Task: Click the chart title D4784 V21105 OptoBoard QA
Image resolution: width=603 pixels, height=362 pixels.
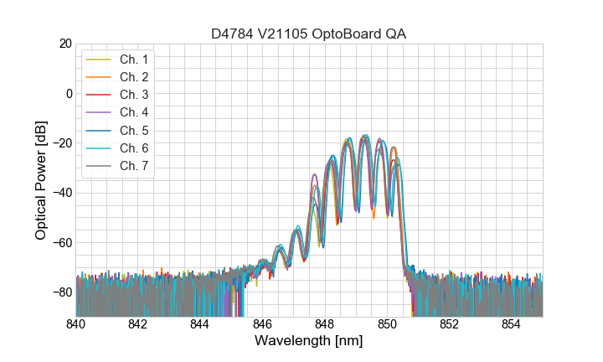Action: (309, 34)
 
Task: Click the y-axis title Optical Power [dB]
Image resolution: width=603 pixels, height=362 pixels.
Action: (41, 180)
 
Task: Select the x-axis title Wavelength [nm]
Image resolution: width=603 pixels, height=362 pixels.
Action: (309, 342)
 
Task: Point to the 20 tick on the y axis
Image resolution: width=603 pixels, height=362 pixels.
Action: (64, 44)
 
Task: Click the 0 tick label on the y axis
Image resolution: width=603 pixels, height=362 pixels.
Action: (68, 93)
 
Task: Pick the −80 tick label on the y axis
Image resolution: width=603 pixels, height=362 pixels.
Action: (62, 292)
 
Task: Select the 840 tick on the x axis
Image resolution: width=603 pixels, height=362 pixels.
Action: (76, 324)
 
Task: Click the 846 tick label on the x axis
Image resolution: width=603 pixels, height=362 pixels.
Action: (262, 324)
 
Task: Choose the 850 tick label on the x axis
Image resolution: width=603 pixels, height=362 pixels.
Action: (387, 324)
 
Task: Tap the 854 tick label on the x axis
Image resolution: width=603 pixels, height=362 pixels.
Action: (511, 324)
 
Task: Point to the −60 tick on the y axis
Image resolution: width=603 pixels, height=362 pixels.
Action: (62, 243)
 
